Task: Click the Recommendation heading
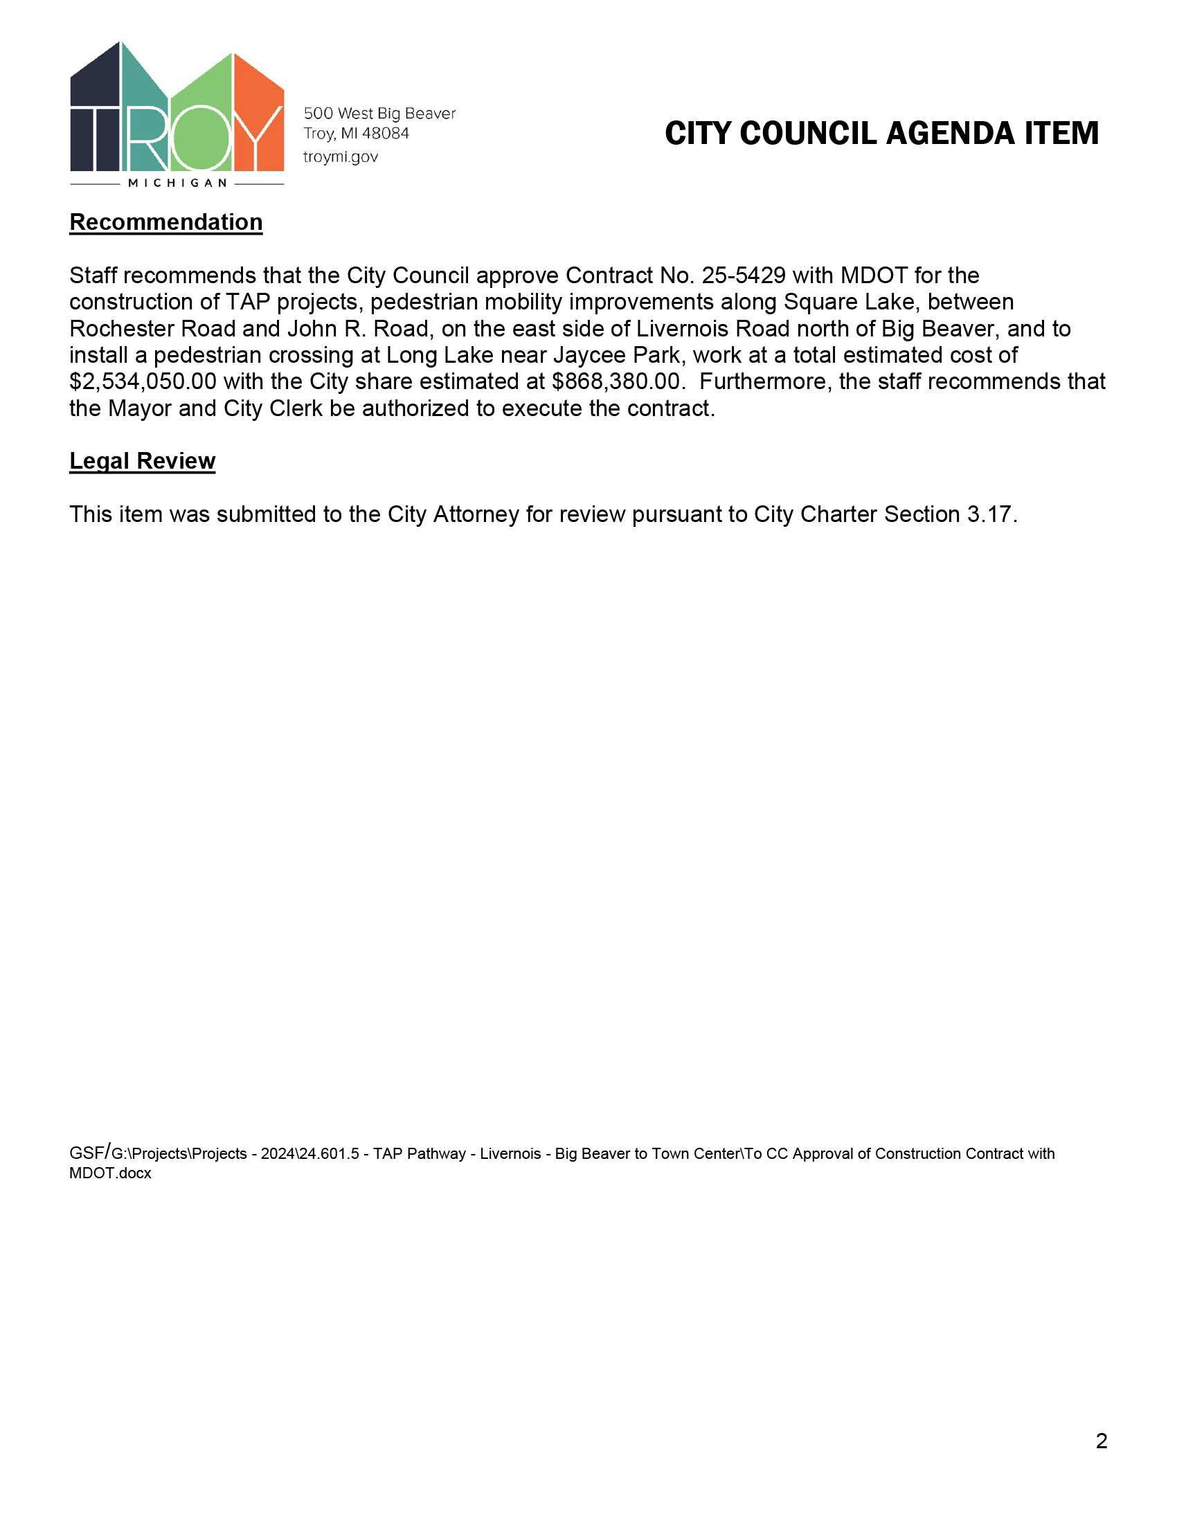tap(166, 222)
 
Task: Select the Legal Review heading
tap(142, 461)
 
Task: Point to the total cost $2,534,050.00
tap(143, 381)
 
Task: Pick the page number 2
tap(1101, 1441)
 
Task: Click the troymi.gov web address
tap(340, 157)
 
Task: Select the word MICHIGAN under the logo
tap(178, 183)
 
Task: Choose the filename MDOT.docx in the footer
tap(110, 1173)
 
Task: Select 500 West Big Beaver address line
tap(379, 113)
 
